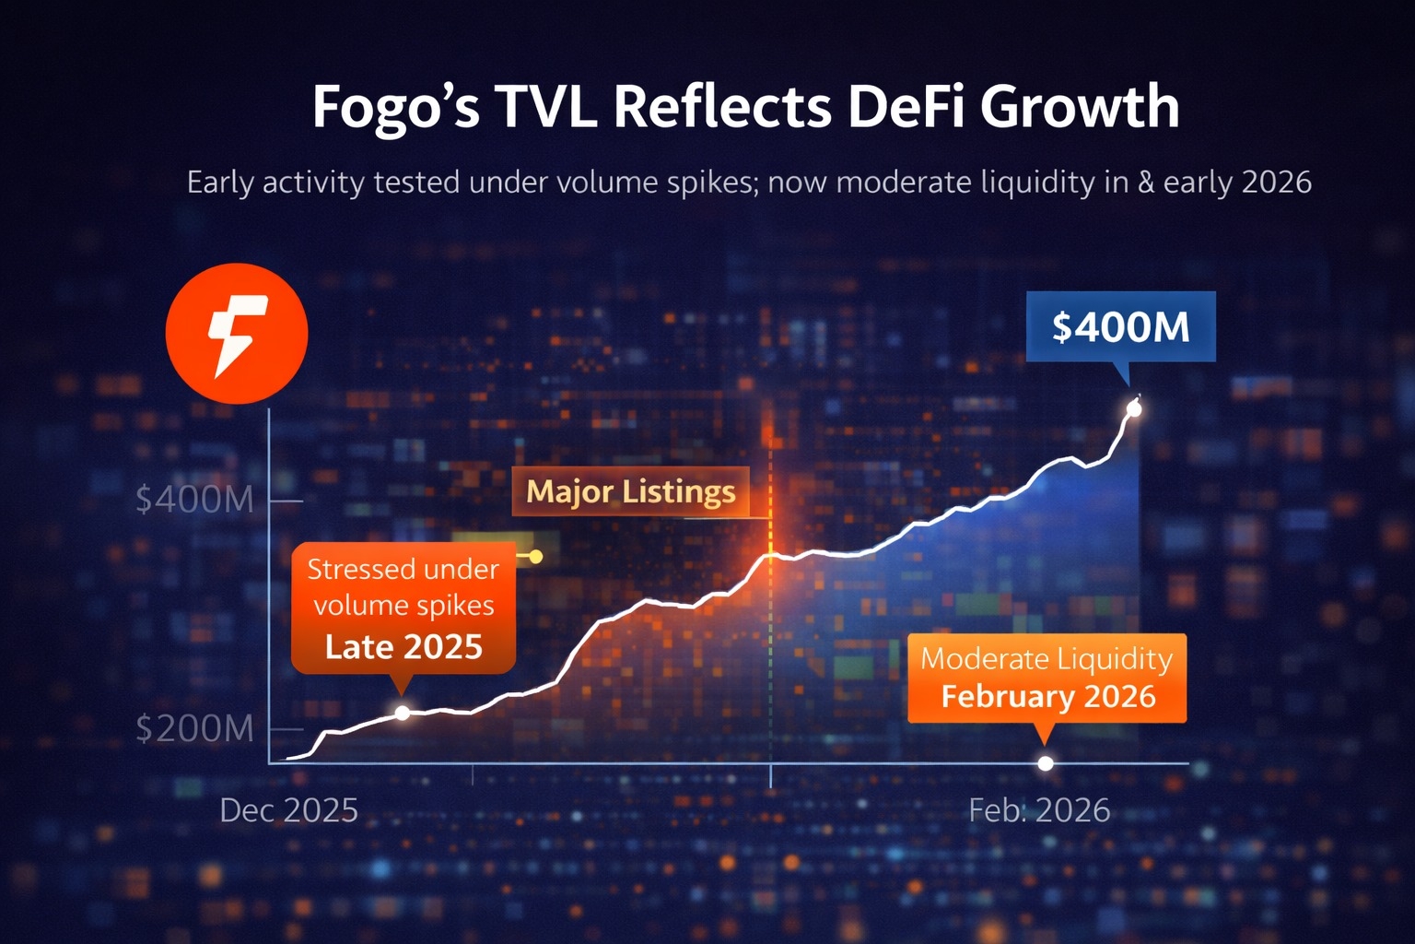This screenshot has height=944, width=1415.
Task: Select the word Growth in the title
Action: click(x=1079, y=108)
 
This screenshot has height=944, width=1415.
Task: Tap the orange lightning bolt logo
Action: click(x=237, y=334)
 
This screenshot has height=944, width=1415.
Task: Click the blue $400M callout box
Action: click(x=1120, y=327)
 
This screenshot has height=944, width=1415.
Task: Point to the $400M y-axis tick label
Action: click(x=194, y=500)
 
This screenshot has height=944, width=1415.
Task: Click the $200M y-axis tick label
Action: click(x=194, y=729)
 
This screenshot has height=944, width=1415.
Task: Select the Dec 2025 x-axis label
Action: click(x=288, y=810)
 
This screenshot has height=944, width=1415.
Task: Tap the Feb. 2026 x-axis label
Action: click(x=1039, y=810)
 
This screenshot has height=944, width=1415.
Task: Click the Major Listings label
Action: click(x=630, y=491)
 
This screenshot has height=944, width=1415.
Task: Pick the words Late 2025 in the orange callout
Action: click(x=403, y=647)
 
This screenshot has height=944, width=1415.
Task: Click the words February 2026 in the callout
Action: click(x=1047, y=696)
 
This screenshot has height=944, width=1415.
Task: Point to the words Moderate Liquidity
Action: click(x=1047, y=659)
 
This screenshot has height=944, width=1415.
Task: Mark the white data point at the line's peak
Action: click(x=1134, y=408)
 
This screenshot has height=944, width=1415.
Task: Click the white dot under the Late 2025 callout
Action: click(x=403, y=713)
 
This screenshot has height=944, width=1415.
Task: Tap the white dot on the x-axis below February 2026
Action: click(x=1045, y=763)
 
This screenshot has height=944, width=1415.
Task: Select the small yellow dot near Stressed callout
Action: click(x=536, y=557)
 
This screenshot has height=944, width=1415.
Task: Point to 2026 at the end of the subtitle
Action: click(x=1276, y=183)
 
